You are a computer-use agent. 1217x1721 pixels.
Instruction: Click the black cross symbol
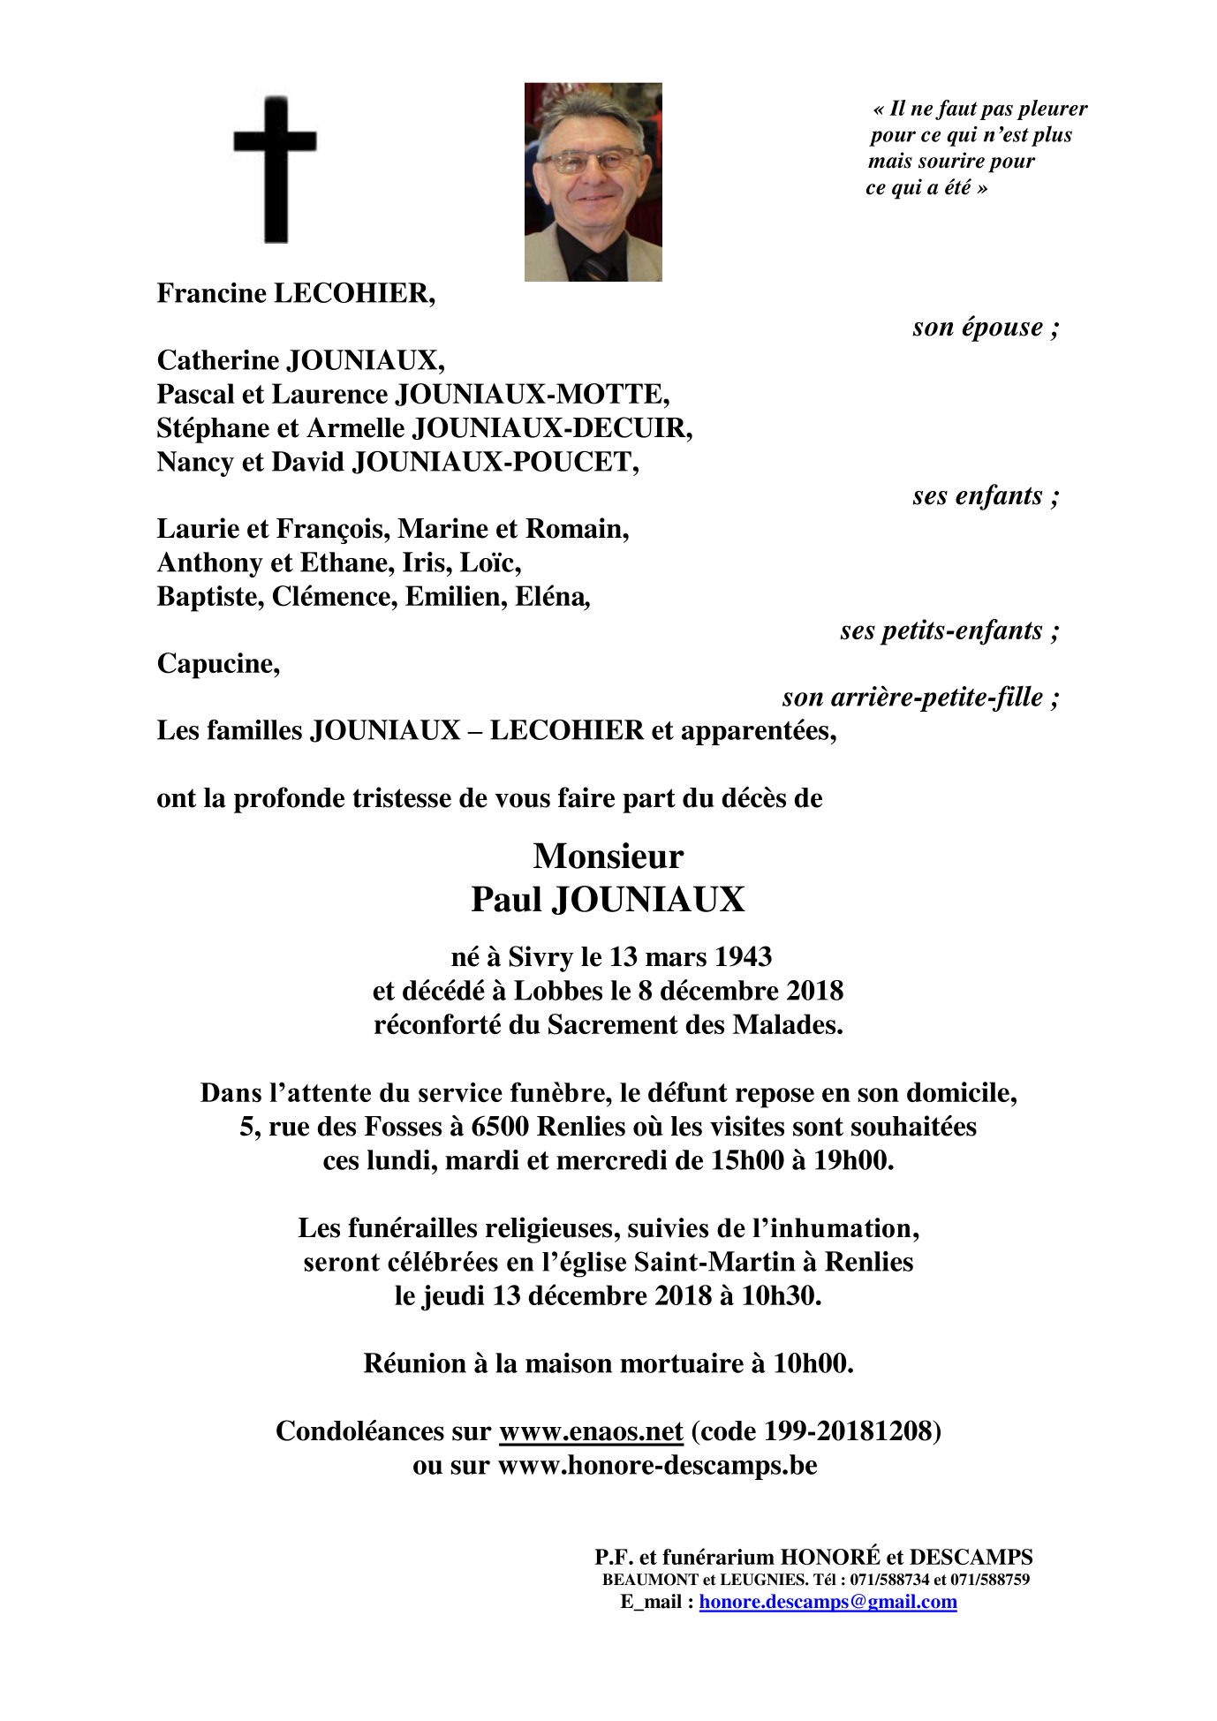(x=275, y=168)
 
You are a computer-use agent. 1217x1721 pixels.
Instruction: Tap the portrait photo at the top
(x=593, y=182)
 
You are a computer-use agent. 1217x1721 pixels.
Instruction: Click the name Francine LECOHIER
(x=296, y=293)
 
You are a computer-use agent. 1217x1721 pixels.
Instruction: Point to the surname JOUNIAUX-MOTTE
(x=532, y=395)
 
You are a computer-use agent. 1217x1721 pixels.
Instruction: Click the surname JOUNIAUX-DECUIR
(x=553, y=428)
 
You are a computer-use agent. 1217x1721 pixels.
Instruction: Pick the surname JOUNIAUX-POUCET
(x=495, y=462)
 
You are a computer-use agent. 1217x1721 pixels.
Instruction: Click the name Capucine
(x=218, y=664)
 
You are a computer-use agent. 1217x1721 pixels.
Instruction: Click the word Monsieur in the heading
(x=608, y=857)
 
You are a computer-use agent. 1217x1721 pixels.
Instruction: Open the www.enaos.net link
(x=591, y=1431)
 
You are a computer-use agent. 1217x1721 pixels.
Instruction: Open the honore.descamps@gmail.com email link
(x=828, y=1602)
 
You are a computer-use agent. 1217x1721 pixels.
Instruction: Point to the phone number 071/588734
(x=890, y=1580)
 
